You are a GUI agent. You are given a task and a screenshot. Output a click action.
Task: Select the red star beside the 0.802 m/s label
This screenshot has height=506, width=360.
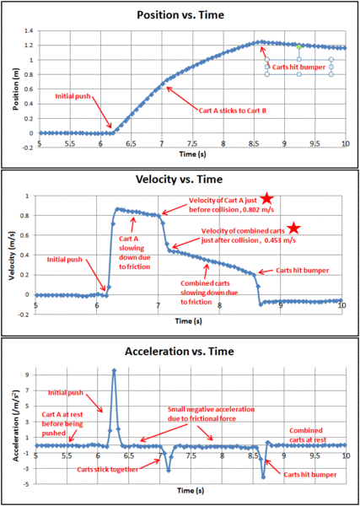click(x=267, y=199)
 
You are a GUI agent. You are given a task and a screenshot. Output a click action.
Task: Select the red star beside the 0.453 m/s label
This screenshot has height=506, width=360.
click(x=293, y=229)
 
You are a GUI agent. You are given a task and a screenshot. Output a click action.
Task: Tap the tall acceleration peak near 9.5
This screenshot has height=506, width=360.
click(x=114, y=370)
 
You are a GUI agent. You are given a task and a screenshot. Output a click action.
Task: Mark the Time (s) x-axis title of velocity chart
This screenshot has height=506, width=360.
click(x=190, y=320)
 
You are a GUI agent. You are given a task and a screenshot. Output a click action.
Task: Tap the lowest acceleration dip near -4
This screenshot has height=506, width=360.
click(x=264, y=477)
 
